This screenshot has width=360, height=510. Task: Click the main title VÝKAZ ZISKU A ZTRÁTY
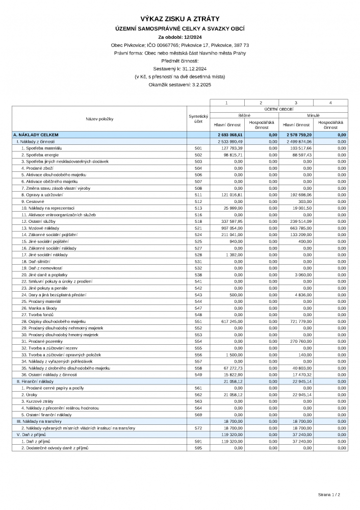[x=180, y=19]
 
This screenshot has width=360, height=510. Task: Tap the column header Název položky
[x=99, y=119]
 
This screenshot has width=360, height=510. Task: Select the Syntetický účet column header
[x=198, y=119]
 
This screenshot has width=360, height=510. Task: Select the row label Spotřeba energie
[x=41, y=155]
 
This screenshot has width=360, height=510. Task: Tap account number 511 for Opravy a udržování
[x=198, y=194]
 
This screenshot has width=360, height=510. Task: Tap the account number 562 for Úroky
[x=198, y=395]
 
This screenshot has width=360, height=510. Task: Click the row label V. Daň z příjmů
[x=32, y=435]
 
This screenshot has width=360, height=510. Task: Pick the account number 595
[x=198, y=448]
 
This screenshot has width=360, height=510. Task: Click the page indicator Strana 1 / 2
[x=329, y=495]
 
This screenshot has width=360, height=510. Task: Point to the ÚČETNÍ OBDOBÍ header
[x=279, y=109]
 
